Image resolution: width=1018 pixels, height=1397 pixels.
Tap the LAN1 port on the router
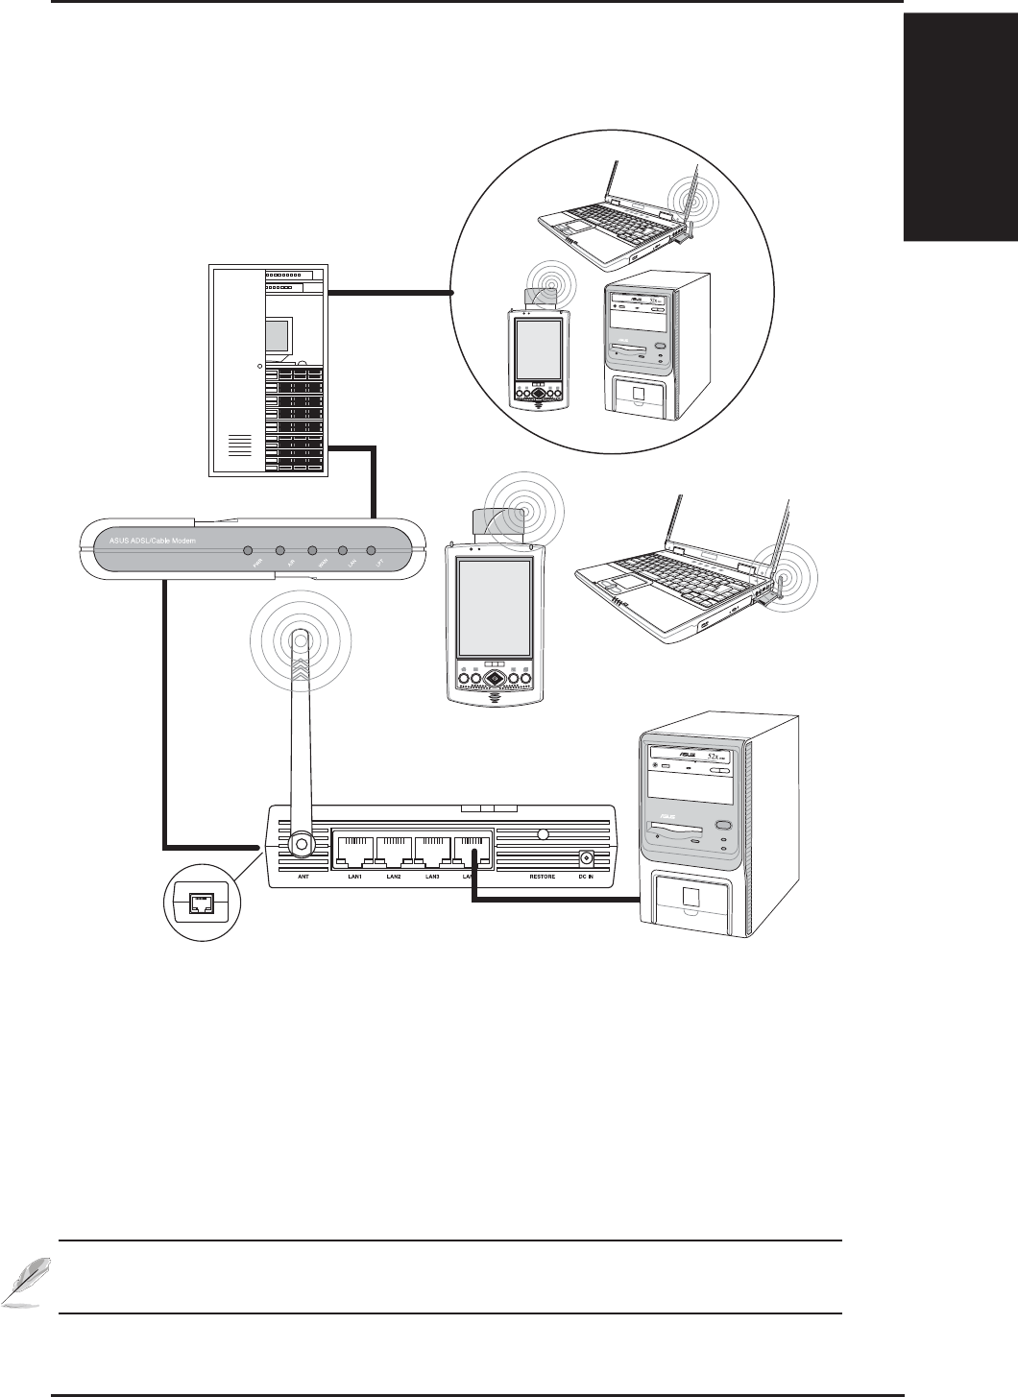point(354,848)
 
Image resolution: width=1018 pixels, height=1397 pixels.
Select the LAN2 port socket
point(394,848)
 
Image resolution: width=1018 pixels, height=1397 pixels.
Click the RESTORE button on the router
point(543,835)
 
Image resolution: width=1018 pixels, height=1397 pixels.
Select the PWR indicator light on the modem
point(248,552)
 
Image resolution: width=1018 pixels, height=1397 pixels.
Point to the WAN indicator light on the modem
point(311,552)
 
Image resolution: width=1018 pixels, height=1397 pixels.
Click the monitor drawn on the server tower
point(277,336)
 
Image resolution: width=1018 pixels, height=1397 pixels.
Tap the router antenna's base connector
point(301,844)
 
